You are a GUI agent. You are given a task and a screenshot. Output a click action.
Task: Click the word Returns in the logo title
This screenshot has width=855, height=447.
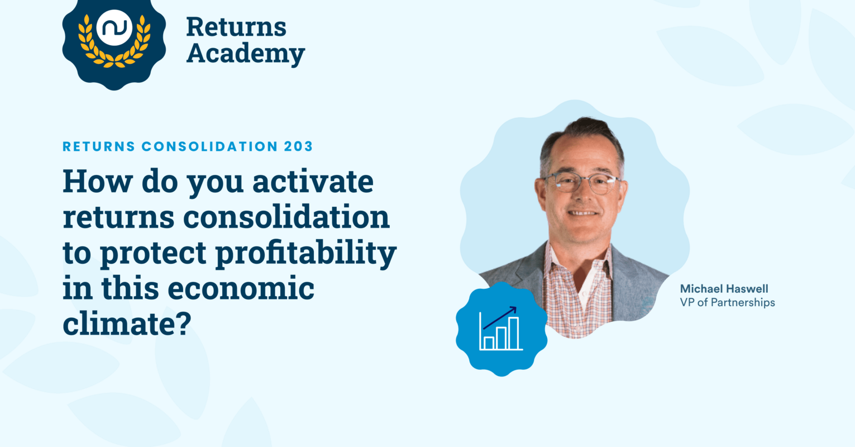tap(236, 27)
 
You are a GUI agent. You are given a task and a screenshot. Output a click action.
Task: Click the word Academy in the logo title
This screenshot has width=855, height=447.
tap(245, 54)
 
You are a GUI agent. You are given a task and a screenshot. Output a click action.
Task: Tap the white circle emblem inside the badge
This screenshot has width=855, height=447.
tap(114, 28)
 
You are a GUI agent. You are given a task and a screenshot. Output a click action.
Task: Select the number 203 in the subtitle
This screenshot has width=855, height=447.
tap(299, 146)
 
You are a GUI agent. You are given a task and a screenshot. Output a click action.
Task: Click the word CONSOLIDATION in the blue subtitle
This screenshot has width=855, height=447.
tap(209, 146)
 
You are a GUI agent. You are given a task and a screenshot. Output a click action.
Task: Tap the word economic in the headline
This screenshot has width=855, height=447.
tap(241, 288)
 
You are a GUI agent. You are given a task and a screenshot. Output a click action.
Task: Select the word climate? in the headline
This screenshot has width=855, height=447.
tap(127, 324)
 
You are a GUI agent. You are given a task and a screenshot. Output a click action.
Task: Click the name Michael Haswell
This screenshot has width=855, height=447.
tap(724, 289)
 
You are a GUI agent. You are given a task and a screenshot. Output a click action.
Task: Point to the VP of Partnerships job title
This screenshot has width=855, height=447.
tap(727, 303)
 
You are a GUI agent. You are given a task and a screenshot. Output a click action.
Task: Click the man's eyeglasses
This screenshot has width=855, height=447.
tap(581, 182)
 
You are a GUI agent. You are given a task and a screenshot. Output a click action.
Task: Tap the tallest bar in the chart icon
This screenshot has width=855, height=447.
tap(513, 333)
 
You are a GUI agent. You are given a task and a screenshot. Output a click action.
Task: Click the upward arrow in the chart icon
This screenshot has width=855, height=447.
tap(500, 317)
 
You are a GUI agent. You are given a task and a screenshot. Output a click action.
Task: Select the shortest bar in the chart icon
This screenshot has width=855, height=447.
tap(489, 343)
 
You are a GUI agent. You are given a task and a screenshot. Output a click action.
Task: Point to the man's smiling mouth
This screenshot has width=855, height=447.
tap(582, 213)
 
